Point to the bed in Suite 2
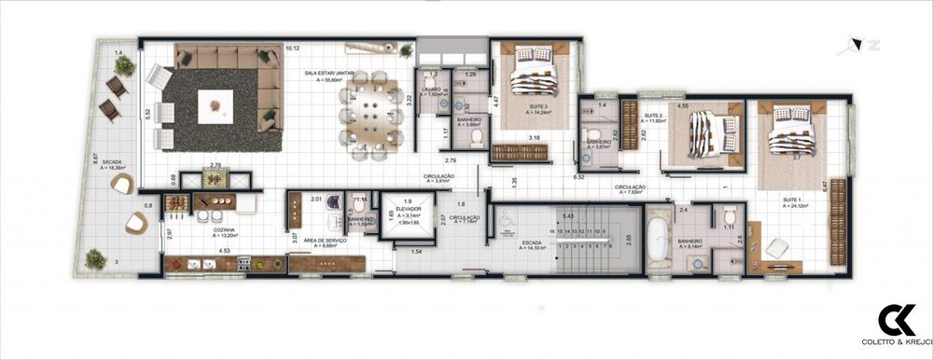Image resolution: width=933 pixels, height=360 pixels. (x=703, y=135)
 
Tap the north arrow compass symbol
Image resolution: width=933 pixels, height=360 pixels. (x=851, y=41)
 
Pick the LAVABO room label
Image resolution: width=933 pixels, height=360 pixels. (x=431, y=90)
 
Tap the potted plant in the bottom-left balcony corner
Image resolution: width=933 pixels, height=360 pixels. (x=94, y=258)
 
